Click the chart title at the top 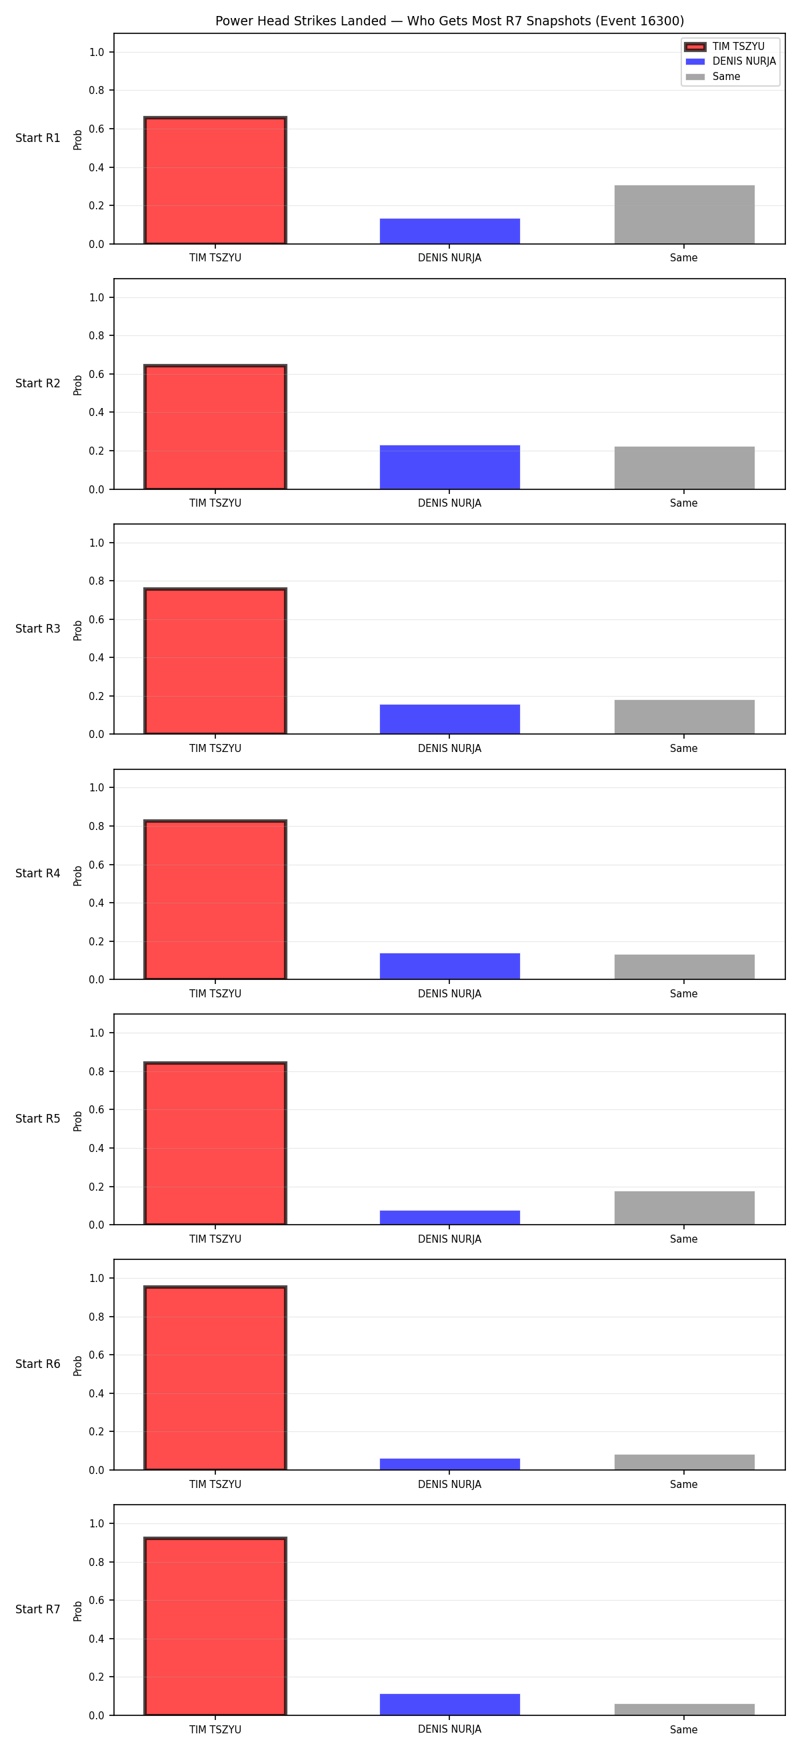pyautogui.click(x=449, y=21)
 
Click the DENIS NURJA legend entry pyautogui.click(x=731, y=61)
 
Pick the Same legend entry pyautogui.click(x=713, y=77)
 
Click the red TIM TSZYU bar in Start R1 pyautogui.click(x=215, y=181)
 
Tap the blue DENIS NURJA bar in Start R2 pyautogui.click(x=449, y=467)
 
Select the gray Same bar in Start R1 pyautogui.click(x=685, y=215)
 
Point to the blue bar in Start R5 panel pyautogui.click(x=449, y=1218)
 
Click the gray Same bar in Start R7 pyautogui.click(x=685, y=1709)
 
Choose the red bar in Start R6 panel pyautogui.click(x=215, y=1378)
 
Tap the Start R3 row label pyautogui.click(x=38, y=629)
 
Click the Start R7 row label pyautogui.click(x=38, y=1609)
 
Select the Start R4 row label pyautogui.click(x=38, y=873)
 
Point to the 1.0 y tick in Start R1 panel pyautogui.click(x=97, y=52)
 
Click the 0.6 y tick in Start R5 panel pyautogui.click(x=97, y=1110)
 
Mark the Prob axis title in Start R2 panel pyautogui.click(x=78, y=385)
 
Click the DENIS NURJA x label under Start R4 pyautogui.click(x=449, y=994)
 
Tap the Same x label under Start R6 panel pyautogui.click(x=684, y=1485)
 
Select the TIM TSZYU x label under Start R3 pyautogui.click(x=215, y=749)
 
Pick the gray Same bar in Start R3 pyautogui.click(x=685, y=717)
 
